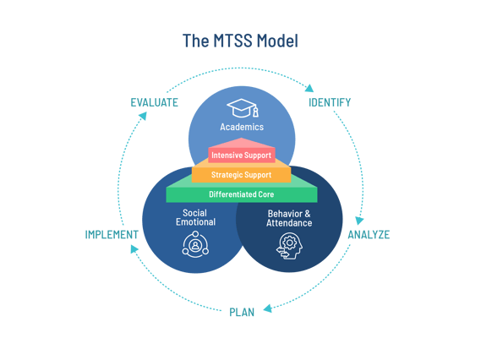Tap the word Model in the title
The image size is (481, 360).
click(x=277, y=41)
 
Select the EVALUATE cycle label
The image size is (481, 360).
click(x=154, y=103)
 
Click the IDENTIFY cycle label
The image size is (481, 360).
click(x=330, y=103)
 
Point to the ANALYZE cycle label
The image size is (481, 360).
click(x=369, y=234)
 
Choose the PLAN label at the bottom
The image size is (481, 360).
click(x=242, y=312)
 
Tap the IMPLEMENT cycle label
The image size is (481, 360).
click(x=112, y=234)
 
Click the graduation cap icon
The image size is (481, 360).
click(x=242, y=108)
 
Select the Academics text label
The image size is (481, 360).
click(x=242, y=127)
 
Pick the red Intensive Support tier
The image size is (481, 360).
click(x=242, y=155)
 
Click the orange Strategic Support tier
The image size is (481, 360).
click(x=242, y=175)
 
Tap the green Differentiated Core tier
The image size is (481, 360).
click(x=242, y=194)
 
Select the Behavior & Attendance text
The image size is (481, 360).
click(x=289, y=217)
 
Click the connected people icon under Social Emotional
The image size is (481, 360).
click(x=195, y=245)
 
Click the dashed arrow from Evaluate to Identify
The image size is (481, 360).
click(x=242, y=70)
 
